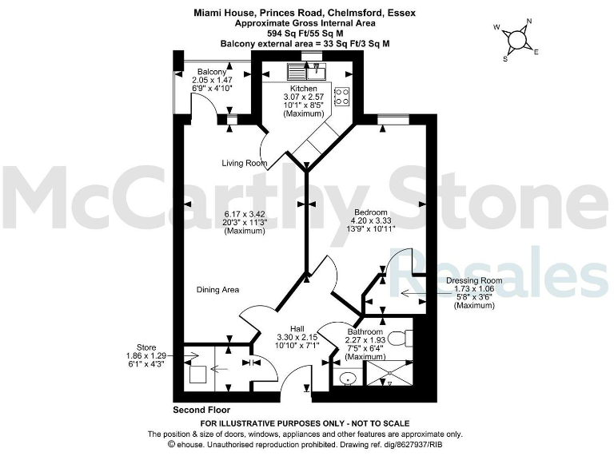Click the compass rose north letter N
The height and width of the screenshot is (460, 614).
[528, 22]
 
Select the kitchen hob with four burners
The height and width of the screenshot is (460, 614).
[341, 97]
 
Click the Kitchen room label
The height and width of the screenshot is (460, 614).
[303, 89]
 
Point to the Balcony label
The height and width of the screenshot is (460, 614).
[212, 72]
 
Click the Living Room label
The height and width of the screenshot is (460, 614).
[245, 163]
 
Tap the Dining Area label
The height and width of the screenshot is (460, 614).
[217, 289]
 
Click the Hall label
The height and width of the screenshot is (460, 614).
[297, 328]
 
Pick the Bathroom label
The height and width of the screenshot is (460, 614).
[365, 331]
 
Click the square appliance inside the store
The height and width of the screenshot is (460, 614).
[198, 372]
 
